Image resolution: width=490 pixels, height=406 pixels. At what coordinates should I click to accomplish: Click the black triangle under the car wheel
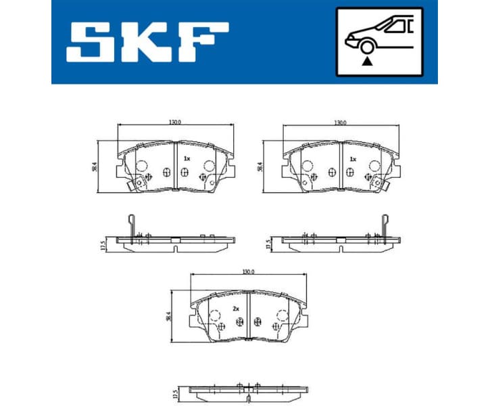367,61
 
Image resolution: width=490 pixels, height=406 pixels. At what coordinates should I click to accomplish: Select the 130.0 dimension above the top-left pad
174,122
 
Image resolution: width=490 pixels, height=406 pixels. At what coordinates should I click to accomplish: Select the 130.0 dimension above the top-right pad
340,122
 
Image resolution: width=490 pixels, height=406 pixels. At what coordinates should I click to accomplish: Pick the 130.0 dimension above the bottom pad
248,271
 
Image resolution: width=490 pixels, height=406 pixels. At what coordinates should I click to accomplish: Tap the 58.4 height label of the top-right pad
262,166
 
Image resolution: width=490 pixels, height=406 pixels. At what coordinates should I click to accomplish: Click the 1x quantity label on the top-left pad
187,158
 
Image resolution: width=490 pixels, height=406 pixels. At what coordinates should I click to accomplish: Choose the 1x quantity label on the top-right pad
352,159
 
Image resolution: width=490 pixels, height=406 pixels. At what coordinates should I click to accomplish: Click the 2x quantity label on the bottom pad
236,309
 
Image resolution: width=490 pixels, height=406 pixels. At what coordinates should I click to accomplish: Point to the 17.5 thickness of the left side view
103,244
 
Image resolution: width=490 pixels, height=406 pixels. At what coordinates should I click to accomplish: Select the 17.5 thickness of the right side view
268,244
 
